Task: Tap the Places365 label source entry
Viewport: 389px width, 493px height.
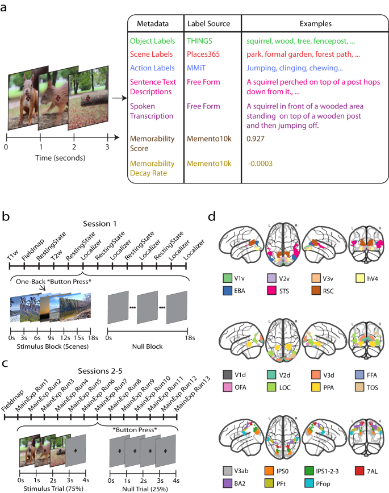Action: coord(207,56)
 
